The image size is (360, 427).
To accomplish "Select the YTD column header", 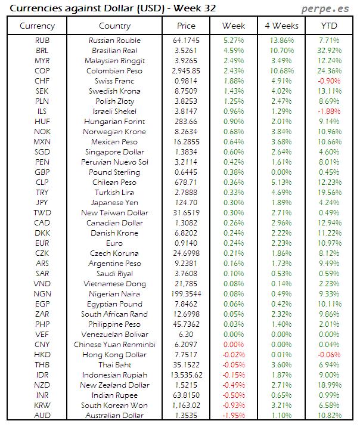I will [x=329, y=26].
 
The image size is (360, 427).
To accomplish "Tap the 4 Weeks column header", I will [x=281, y=26].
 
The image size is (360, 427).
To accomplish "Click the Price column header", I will [x=186, y=26].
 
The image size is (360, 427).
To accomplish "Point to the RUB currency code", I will [x=42, y=41].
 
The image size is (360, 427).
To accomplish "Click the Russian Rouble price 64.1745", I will [x=186, y=41].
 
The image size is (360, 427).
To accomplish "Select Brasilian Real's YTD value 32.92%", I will [x=329, y=51].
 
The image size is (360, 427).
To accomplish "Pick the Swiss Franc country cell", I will [x=114, y=81].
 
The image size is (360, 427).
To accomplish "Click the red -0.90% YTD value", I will [x=329, y=81].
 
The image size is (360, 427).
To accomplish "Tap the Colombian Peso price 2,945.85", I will [x=186, y=71].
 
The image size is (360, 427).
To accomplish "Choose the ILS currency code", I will [x=42, y=112].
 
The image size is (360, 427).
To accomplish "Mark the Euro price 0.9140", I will [x=186, y=243].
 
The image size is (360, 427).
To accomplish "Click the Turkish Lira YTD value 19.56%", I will [x=329, y=193].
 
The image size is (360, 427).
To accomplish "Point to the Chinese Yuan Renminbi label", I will [x=114, y=345].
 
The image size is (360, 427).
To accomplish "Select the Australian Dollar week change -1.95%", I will [x=234, y=416].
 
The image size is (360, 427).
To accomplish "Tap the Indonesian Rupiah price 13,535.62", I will [x=186, y=375].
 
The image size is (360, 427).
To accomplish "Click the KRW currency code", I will [x=42, y=406].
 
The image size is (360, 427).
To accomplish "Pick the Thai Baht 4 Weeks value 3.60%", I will [x=281, y=365].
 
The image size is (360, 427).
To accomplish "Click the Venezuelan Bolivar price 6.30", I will [x=186, y=335].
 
